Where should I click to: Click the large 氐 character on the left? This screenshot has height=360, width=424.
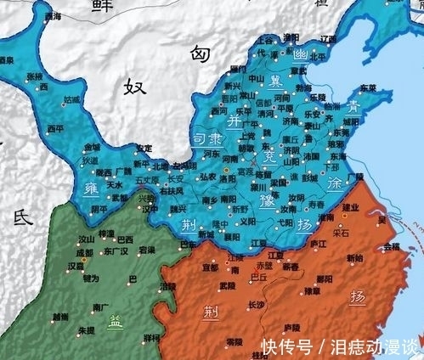click(20, 219)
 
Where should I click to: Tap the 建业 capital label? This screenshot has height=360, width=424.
click(349, 208)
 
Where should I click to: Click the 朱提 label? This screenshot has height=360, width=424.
click(87, 329)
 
